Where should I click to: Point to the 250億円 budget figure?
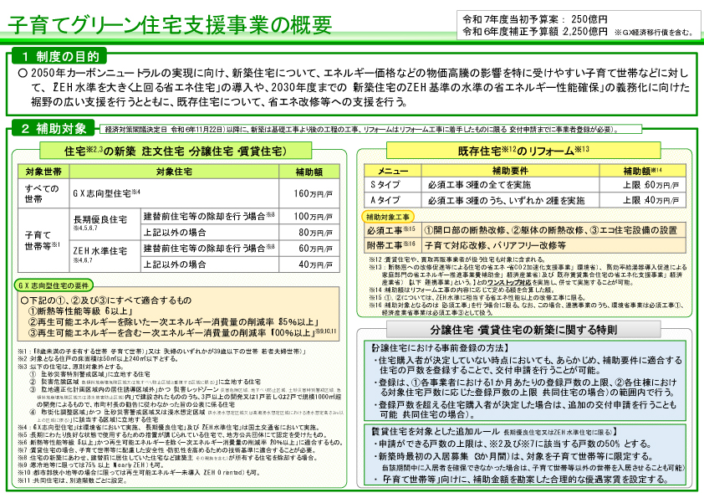(x=591, y=18)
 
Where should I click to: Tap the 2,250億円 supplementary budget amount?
(x=586, y=32)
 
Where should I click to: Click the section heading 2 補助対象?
(x=54, y=128)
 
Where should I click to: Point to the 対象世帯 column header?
(x=38, y=172)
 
